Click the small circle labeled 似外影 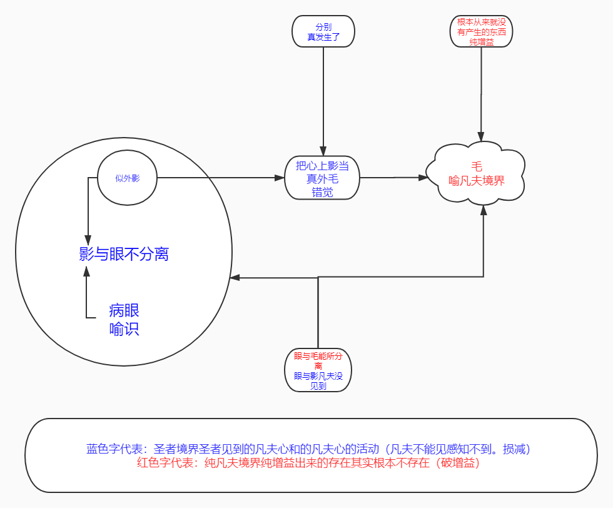(x=127, y=178)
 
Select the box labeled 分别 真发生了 (x=323, y=31)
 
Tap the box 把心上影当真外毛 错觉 (x=322, y=178)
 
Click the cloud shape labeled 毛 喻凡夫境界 (x=475, y=174)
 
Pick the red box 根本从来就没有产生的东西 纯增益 (x=481, y=31)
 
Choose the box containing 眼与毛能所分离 (x=318, y=370)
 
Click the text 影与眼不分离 (x=124, y=254)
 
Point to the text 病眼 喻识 (x=124, y=320)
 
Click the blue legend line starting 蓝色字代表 (x=308, y=449)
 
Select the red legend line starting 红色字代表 (x=308, y=463)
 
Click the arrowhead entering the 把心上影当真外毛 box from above (x=323, y=151)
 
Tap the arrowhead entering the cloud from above (x=481, y=136)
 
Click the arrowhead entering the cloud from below (x=484, y=210)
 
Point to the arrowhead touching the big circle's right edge (x=235, y=278)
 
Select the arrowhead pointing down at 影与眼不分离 (x=88, y=240)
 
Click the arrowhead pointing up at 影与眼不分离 (x=87, y=271)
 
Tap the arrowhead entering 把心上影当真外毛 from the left (x=280, y=178)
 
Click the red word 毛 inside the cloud (x=477, y=166)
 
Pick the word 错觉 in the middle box (x=322, y=192)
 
